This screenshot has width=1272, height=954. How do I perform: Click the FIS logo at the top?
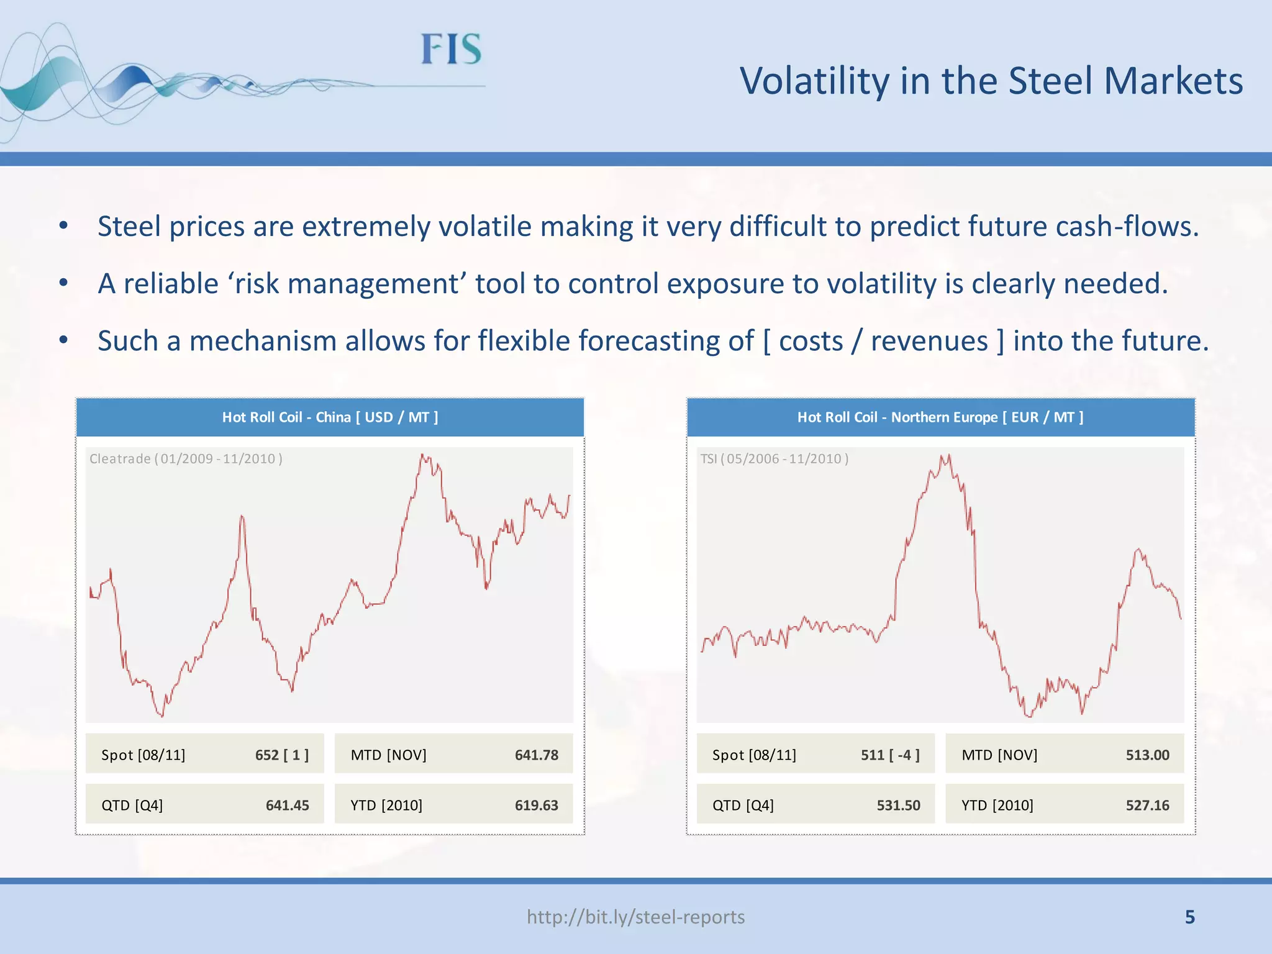click(451, 50)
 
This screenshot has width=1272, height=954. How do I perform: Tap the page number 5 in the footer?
click(1189, 917)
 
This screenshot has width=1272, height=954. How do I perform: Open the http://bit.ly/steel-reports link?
click(635, 917)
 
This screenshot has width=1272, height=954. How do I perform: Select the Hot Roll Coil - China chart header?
click(330, 417)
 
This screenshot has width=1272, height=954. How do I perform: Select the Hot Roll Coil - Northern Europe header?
click(940, 417)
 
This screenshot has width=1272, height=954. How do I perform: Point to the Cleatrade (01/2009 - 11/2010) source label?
click(186, 459)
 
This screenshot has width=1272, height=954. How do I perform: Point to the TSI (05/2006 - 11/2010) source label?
click(774, 459)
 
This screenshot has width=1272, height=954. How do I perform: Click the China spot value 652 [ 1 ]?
click(281, 755)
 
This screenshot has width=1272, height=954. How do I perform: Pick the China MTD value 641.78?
click(536, 755)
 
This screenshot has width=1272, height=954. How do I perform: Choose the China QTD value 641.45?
click(287, 805)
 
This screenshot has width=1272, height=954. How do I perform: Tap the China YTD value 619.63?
click(536, 805)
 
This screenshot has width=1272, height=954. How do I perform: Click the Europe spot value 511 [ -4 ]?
click(889, 755)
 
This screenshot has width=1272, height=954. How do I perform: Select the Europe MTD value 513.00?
click(1147, 755)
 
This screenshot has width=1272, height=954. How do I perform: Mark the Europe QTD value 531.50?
click(898, 805)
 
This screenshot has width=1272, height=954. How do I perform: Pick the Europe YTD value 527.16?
click(1147, 805)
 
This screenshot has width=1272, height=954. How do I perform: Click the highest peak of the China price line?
click(422, 455)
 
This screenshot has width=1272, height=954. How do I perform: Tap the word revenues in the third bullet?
click(929, 341)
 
